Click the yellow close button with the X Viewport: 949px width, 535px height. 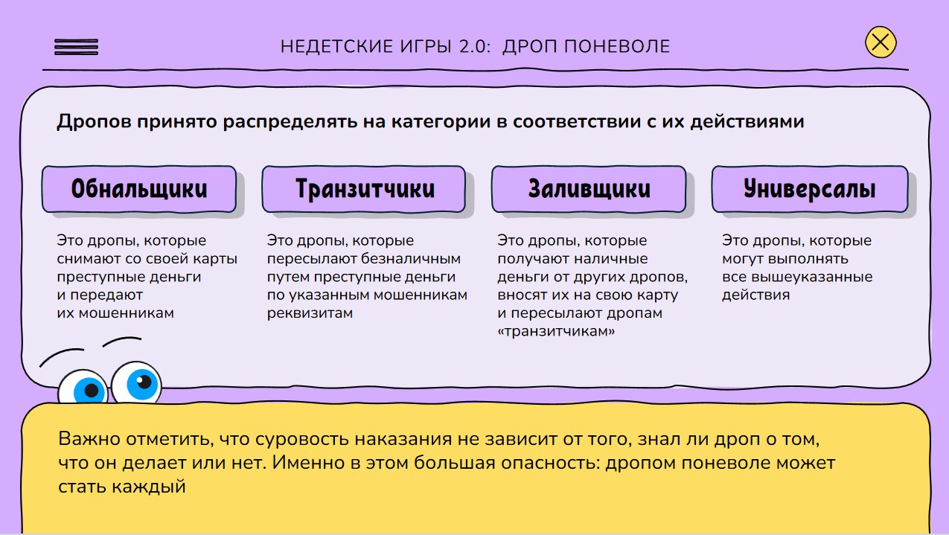pos(881,42)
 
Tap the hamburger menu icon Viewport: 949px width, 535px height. pos(76,47)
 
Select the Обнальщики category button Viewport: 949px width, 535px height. pos(139,189)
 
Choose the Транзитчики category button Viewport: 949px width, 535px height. pos(364,189)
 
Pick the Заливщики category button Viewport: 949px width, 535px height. pos(589,189)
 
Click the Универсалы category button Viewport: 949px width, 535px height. pos(810,189)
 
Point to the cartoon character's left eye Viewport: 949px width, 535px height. pos(83,386)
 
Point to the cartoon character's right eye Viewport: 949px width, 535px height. pos(136,382)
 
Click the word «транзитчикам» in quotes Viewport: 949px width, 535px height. pos(556,331)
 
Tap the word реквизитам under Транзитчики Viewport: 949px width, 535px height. pos(310,313)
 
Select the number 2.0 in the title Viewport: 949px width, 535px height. pos(475,47)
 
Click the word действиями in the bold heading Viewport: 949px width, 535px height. pos(747,122)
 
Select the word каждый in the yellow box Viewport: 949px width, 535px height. pos(149,487)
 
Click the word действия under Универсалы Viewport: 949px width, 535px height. pos(755,295)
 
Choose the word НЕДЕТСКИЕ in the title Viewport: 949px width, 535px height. pos(337,47)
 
